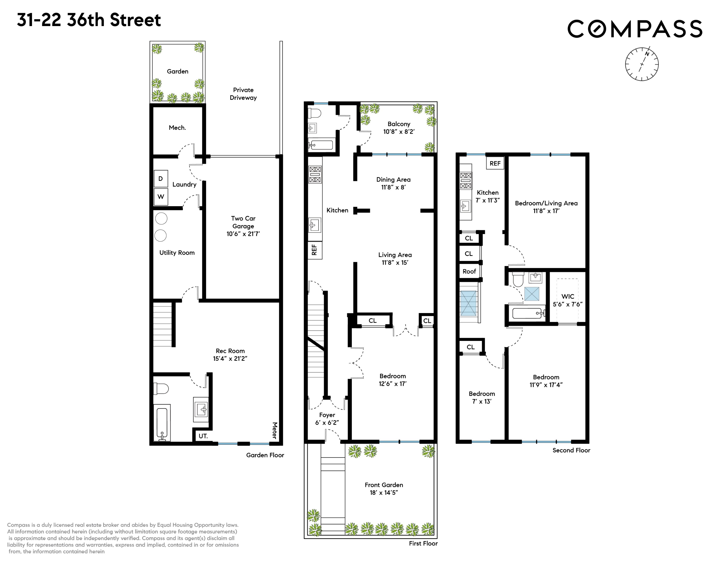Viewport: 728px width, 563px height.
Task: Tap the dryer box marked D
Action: tap(161, 179)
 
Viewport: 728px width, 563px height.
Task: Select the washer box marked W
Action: tap(161, 197)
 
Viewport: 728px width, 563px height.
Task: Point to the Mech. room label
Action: tap(177, 128)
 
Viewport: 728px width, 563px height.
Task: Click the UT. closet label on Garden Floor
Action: tap(203, 436)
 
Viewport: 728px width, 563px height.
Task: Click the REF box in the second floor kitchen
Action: tap(495, 163)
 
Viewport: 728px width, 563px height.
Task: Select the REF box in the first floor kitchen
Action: tap(314, 250)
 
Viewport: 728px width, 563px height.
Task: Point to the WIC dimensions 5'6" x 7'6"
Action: tap(568, 304)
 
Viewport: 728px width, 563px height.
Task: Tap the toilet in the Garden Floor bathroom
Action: tap(161, 389)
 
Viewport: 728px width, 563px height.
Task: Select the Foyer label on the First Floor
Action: tap(327, 415)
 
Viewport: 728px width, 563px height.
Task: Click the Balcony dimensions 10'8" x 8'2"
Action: tap(399, 132)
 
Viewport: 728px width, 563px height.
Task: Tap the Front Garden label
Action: tap(384, 485)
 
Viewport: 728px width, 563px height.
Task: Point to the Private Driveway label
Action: tap(243, 94)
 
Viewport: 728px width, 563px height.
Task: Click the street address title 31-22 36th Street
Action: tap(89, 20)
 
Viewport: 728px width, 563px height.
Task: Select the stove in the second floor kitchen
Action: tap(466, 180)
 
